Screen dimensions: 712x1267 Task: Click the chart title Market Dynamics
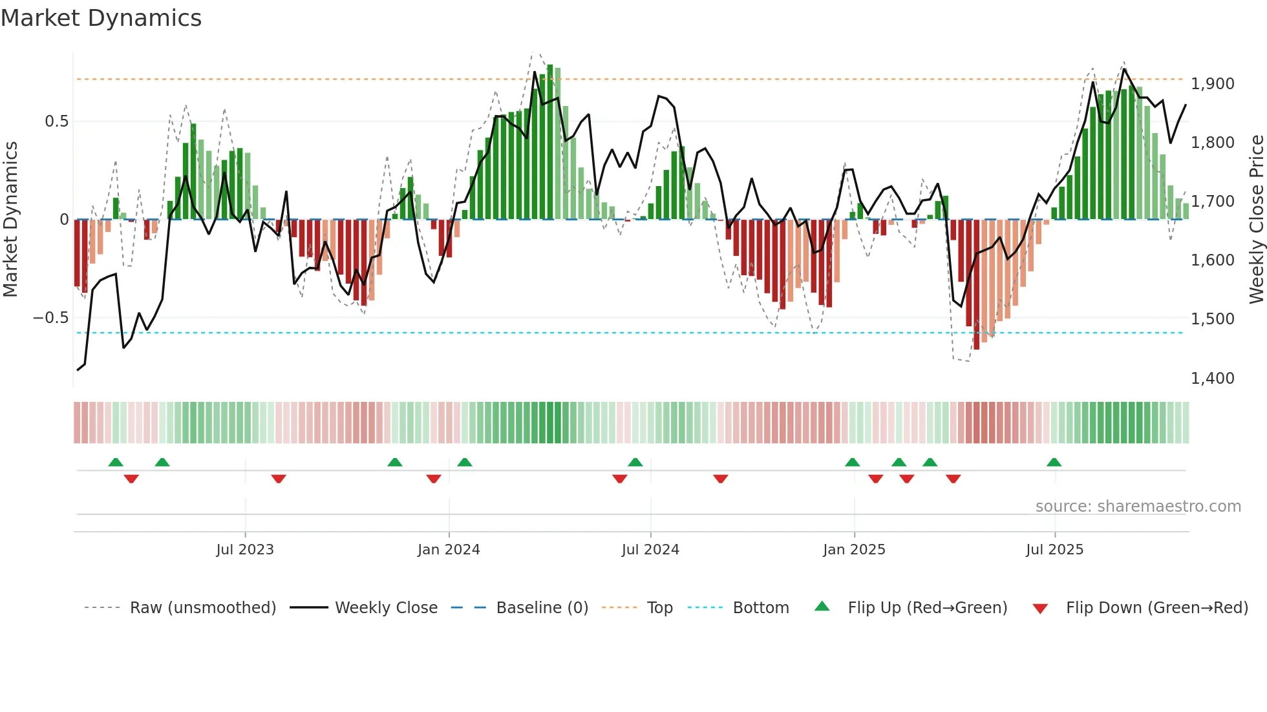[x=101, y=18]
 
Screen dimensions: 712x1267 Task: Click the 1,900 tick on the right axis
[x=1212, y=84]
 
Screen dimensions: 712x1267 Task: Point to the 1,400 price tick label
[x=1212, y=378]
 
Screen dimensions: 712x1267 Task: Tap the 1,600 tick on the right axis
[x=1212, y=260]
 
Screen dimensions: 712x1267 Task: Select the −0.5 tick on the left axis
[x=50, y=318]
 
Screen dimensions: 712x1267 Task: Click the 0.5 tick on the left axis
[x=56, y=121]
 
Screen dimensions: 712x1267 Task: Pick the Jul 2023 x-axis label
[x=245, y=550]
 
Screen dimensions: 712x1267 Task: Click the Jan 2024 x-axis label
[x=449, y=550]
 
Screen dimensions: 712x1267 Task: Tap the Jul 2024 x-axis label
[x=650, y=550]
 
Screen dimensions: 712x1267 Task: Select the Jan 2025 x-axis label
[x=854, y=550]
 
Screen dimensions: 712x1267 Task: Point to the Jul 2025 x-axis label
[x=1054, y=550]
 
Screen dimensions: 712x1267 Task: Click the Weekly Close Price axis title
[x=1256, y=219]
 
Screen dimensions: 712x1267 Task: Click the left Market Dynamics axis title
[x=10, y=219]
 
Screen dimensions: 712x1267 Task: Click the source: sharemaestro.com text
[x=1138, y=507]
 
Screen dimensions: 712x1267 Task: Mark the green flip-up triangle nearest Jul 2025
[x=1054, y=463]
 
